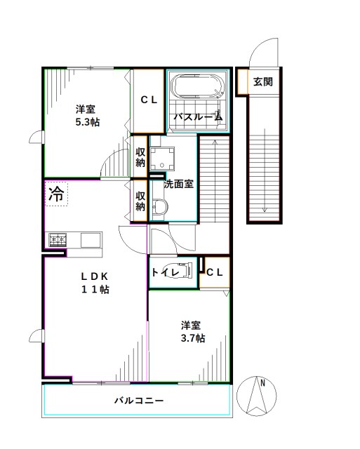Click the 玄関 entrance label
coord(263,81)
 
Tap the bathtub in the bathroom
coord(197,88)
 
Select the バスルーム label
coord(198,117)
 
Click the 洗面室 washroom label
coord(179,185)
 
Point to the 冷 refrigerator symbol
coord(56,194)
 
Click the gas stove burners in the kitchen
coord(57,240)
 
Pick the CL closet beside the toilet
coord(215,272)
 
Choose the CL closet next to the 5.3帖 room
coord(149,100)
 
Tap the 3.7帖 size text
coord(190,338)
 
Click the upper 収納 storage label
coord(140,157)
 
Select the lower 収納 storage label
coord(140,201)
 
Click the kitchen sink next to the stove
coord(91,240)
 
